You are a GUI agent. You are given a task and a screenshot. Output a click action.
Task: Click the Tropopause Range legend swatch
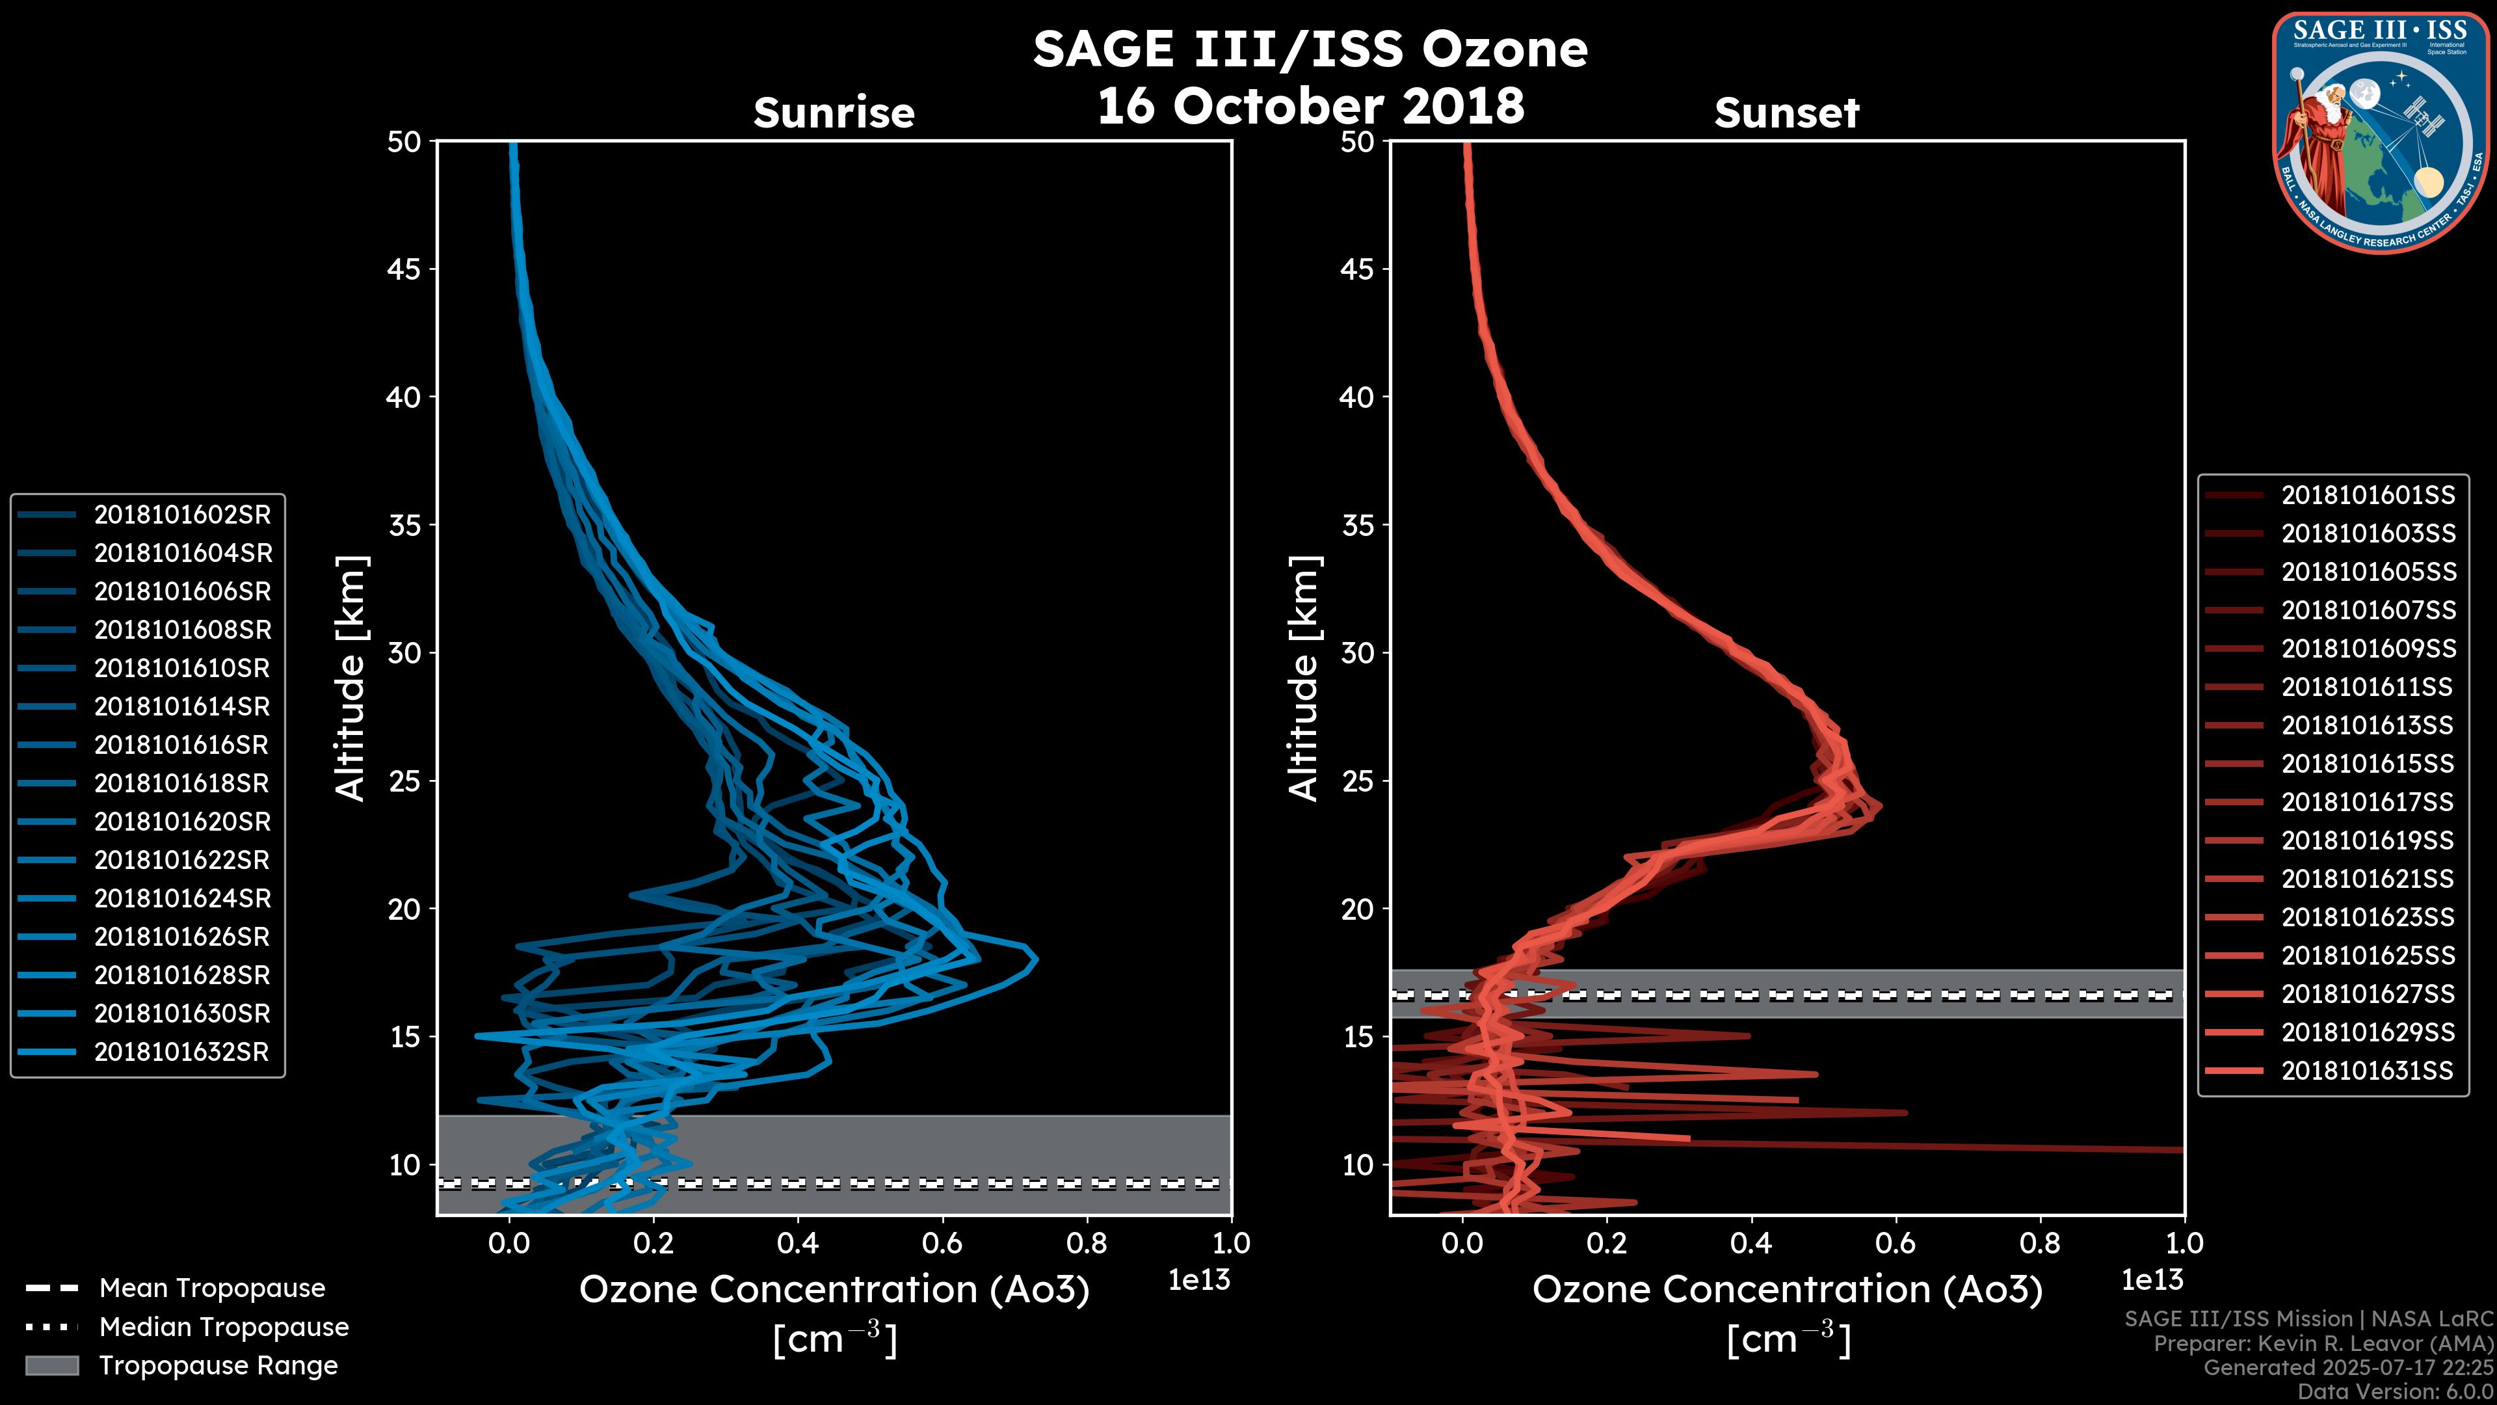click(x=51, y=1365)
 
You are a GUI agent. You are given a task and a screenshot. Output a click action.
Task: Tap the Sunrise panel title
click(x=834, y=113)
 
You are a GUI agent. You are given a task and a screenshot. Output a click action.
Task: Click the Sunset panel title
click(x=1786, y=113)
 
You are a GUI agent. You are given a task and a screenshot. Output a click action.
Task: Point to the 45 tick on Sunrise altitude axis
click(x=404, y=269)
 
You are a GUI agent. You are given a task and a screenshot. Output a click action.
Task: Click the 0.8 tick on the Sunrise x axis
click(x=1087, y=1243)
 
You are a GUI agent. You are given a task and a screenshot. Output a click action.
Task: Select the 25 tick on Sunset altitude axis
click(x=1357, y=781)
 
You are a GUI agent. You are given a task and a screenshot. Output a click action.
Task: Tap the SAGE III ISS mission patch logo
click(x=2378, y=132)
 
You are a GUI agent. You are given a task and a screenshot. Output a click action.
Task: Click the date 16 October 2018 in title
click(x=1310, y=105)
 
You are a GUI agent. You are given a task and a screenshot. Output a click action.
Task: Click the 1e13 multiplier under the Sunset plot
click(x=2152, y=1280)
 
